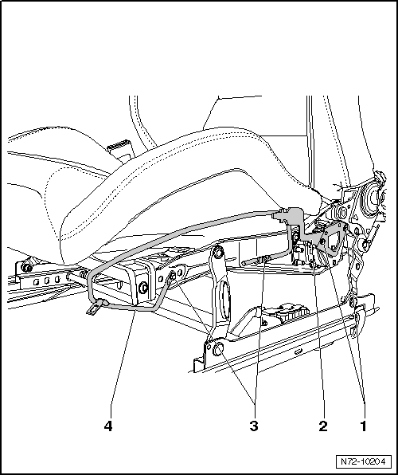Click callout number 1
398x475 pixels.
pyautogui.click(x=363, y=426)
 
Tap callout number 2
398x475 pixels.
pyautogui.click(x=323, y=426)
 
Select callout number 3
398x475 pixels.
pyautogui.click(x=255, y=426)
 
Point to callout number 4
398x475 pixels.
pyautogui.click(x=107, y=426)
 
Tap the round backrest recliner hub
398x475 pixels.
pyautogui.click(x=371, y=198)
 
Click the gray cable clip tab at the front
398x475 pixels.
pyautogui.click(x=97, y=307)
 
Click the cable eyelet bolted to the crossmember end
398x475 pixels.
pyautogui.click(x=172, y=277)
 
